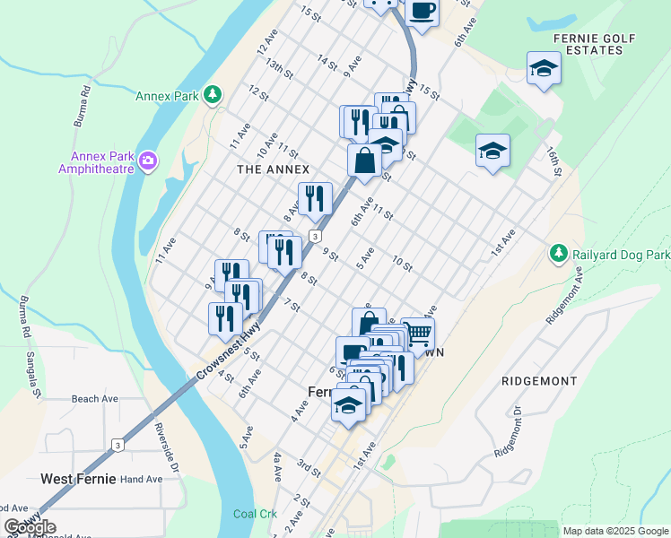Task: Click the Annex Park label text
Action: point(167,95)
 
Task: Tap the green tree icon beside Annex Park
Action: point(212,94)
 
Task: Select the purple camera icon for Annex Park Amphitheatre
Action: point(147,161)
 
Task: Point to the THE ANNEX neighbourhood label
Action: point(273,169)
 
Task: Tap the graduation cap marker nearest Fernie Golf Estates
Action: point(544,69)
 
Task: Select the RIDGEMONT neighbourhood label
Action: point(539,381)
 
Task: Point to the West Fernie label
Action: point(78,479)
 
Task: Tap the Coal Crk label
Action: point(251,514)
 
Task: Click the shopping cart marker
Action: point(417,334)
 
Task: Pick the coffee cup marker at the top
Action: point(422,11)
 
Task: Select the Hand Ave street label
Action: point(142,479)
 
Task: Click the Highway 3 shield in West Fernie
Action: point(117,445)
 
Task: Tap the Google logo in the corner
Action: point(30,527)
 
